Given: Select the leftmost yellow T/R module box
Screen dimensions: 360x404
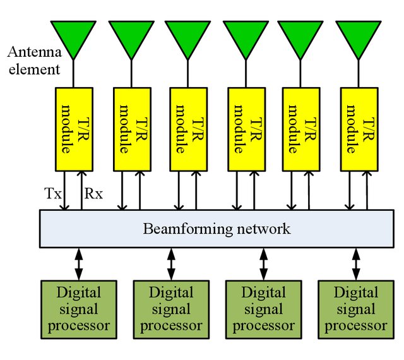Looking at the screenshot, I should click(x=74, y=129).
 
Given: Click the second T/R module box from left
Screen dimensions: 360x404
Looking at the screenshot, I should click(x=131, y=129).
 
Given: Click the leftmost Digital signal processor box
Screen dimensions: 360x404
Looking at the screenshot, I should click(x=78, y=309).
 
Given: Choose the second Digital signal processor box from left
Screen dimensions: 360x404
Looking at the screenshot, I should click(x=171, y=309).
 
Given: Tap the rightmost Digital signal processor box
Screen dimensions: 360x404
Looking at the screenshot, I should click(x=356, y=309).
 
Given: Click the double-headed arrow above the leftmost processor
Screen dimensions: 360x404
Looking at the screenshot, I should click(x=78, y=264).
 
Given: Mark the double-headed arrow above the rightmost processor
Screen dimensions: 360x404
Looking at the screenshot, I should click(x=356, y=264).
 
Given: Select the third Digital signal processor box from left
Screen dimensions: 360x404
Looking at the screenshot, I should click(x=263, y=309).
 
